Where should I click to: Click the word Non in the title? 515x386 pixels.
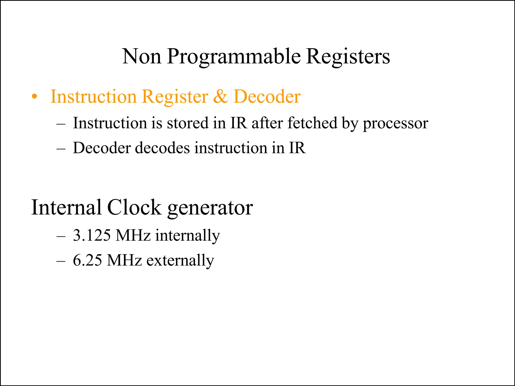tap(142, 56)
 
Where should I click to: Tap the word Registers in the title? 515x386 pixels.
tap(348, 56)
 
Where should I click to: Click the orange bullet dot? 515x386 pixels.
tap(35, 97)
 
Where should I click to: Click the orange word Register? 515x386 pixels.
tap(175, 97)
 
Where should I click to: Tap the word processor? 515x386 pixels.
tap(395, 123)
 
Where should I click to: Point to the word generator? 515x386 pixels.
tap(210, 208)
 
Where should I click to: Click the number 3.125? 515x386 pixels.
tap(92, 235)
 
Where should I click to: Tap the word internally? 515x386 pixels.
tap(188, 236)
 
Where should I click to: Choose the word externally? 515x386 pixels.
tap(180, 260)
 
